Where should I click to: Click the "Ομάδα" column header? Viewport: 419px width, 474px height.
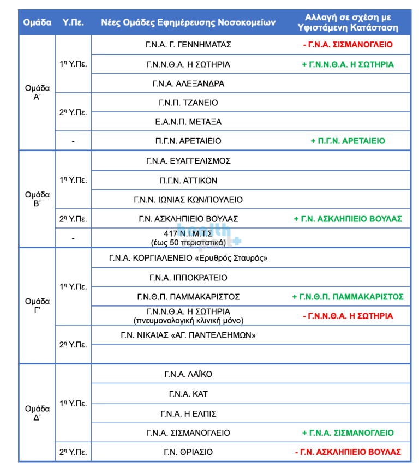point(37,22)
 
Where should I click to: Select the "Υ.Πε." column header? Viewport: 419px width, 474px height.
point(73,22)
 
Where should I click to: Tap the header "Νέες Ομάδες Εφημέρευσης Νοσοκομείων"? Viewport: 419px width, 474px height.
point(188,22)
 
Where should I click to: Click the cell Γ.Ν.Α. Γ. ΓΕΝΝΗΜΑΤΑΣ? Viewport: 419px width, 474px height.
point(188,45)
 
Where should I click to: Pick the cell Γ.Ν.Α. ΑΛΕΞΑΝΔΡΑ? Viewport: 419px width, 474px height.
point(188,83)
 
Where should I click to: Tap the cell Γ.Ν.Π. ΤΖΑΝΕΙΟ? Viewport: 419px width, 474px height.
point(188,103)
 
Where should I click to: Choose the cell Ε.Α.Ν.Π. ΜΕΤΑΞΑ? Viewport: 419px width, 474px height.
point(188,122)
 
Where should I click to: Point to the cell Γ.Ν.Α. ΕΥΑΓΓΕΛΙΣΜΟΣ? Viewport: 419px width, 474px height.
point(188,161)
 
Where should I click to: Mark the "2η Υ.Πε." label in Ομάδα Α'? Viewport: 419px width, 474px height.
point(73,112)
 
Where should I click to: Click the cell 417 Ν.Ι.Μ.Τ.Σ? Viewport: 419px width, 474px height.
point(188,233)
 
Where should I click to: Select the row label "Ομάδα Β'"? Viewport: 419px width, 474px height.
point(37,199)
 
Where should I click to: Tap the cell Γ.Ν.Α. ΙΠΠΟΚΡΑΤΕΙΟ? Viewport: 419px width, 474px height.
point(188,278)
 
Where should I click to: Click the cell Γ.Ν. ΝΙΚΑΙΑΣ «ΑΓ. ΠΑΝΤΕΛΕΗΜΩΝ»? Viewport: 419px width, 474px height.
point(188,335)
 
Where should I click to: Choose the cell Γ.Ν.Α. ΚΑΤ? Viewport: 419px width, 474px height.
point(188,394)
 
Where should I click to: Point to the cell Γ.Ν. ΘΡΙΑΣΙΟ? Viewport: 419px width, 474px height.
point(188,452)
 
